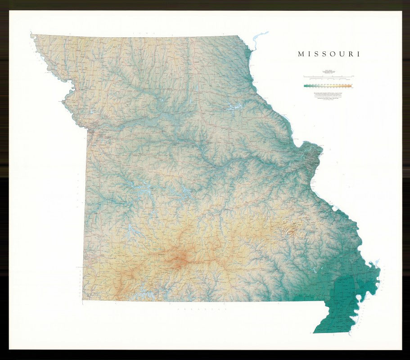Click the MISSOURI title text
[x=329, y=54]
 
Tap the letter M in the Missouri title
[x=301, y=54]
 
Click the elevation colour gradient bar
[x=327, y=85]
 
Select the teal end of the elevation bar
[x=306, y=85]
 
